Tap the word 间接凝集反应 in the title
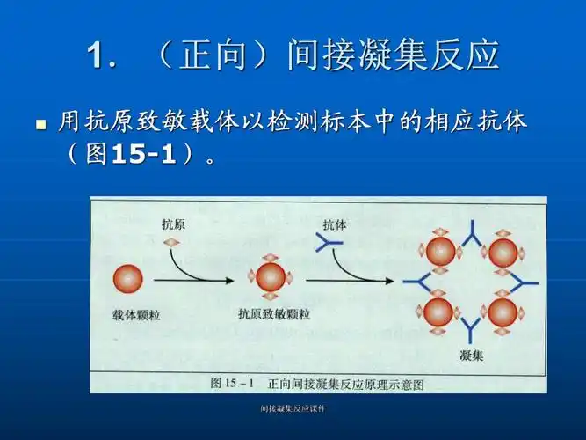click(x=393, y=55)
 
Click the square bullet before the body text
click(x=40, y=125)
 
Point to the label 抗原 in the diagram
click(x=173, y=224)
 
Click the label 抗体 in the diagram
click(x=335, y=224)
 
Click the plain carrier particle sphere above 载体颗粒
click(x=128, y=280)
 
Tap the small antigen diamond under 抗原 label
click(x=172, y=242)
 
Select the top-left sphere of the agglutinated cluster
click(x=441, y=253)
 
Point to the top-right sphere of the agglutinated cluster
click(x=503, y=253)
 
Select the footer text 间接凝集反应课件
click(x=293, y=409)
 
